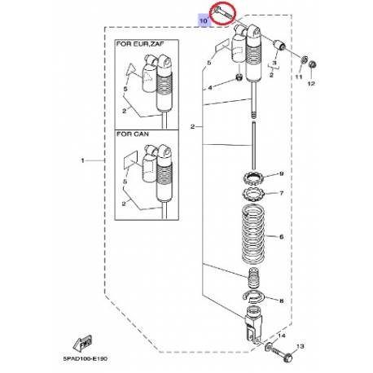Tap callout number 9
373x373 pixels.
281,174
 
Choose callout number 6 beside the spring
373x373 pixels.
281,238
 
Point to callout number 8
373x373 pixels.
281,301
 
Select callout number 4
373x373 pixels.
211,87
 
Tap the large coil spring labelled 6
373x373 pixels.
253,237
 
